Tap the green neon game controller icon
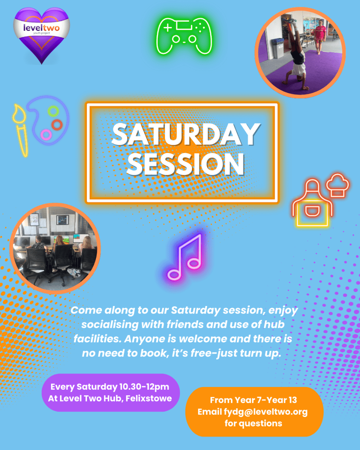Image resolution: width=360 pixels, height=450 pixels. tap(184, 36)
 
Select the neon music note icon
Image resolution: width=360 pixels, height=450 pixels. tap(185, 257)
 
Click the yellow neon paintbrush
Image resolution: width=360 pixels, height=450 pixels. tap(21, 130)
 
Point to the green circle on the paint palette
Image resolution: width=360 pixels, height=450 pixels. tap(53, 111)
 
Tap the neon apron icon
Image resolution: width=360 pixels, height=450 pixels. tap(312, 203)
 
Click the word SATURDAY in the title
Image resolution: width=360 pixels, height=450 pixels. tap(185, 134)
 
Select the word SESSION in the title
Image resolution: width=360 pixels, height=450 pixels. tap(185, 164)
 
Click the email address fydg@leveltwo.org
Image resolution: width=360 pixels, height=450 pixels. tap(265, 412)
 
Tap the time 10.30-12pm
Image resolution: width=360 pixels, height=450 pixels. tap(144, 387)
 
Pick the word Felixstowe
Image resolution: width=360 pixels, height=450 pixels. tap(149, 398)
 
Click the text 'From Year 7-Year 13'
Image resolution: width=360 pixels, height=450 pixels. tap(253, 400)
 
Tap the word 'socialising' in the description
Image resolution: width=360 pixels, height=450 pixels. tap(110, 324)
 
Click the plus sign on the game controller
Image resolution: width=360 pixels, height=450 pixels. tap(168, 28)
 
